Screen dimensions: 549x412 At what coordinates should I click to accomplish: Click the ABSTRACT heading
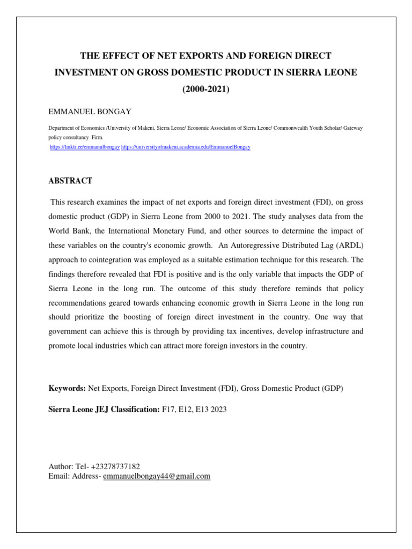(x=70, y=181)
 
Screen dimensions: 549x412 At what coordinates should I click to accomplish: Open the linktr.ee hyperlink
(x=85, y=146)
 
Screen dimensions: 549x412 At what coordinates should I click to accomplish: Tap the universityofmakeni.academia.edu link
(x=186, y=146)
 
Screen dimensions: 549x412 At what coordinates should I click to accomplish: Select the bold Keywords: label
(x=67, y=388)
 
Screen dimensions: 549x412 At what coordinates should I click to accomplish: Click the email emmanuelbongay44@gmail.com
(x=157, y=476)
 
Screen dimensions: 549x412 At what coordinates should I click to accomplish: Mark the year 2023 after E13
(x=218, y=409)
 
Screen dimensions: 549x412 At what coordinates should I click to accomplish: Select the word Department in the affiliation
(x=63, y=129)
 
